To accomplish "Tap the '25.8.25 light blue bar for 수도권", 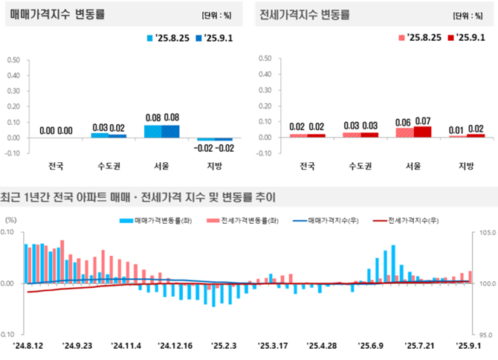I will (x=100, y=135).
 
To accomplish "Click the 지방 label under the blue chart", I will (x=215, y=165).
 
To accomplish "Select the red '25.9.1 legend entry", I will (x=466, y=37).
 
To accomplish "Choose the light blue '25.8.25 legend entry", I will (x=166, y=37).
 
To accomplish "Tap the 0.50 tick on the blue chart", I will (x=14, y=59).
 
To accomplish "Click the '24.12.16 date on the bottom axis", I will (x=175, y=346).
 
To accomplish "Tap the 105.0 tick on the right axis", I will (x=486, y=233).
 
